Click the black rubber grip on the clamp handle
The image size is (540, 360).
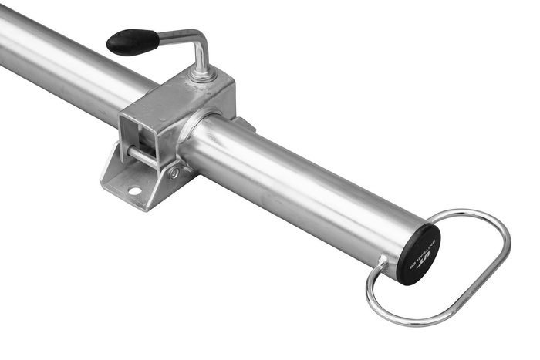point(133,41)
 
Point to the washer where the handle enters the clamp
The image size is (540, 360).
point(203,75)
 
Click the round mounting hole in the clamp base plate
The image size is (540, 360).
point(134,190)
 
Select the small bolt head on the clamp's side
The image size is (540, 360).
point(174,173)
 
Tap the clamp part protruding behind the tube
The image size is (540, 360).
point(244,123)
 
